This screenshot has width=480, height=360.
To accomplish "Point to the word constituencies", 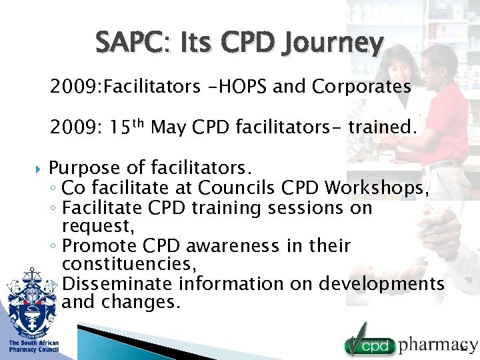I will point(129,265).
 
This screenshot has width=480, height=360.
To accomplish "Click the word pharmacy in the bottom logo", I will point(437,344).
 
